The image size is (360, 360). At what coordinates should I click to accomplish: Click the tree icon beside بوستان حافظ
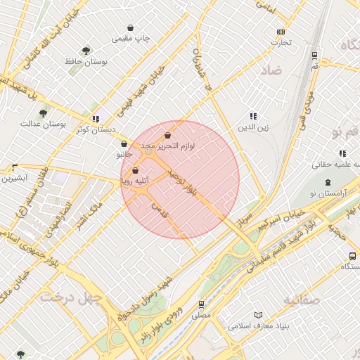click(x=86, y=51)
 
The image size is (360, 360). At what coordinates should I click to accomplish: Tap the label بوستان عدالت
click(x=63, y=124)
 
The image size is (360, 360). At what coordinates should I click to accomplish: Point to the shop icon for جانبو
click(x=124, y=144)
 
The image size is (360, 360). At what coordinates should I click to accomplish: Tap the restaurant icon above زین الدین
click(x=253, y=116)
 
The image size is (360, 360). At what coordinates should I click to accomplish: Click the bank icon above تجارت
click(x=281, y=32)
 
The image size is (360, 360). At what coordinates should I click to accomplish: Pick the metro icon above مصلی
click(x=202, y=305)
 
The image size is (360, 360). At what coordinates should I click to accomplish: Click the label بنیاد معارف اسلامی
click(x=257, y=326)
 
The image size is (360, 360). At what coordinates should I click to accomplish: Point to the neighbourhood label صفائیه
click(x=302, y=300)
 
